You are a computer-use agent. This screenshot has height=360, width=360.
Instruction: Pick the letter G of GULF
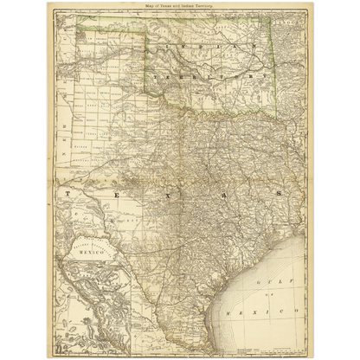click(257, 282)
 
